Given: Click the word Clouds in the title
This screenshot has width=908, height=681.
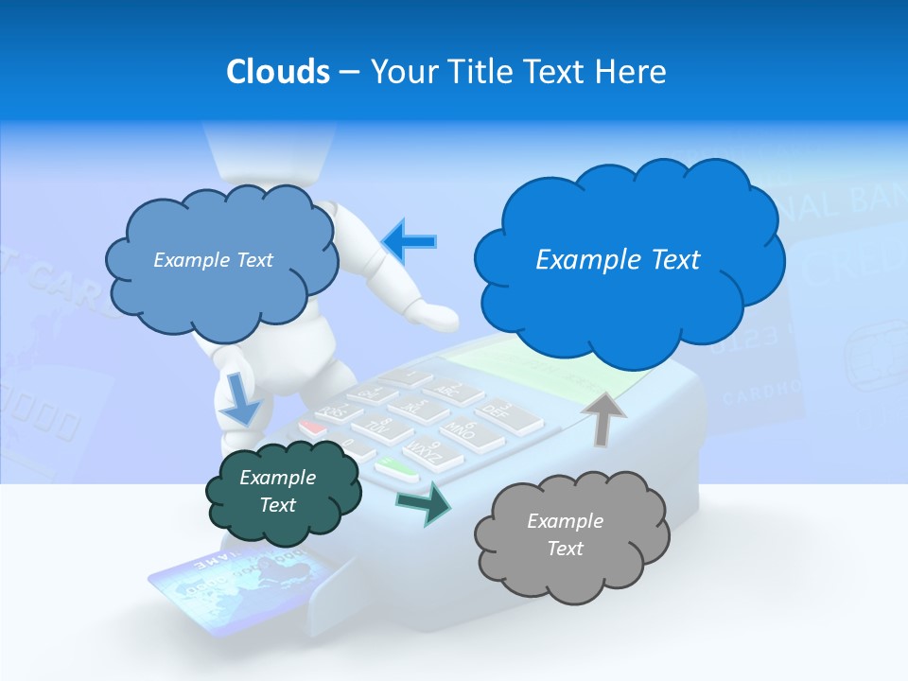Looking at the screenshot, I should [277, 71].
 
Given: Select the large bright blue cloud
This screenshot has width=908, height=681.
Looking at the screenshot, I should [629, 260].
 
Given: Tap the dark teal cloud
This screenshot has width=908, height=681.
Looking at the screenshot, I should [283, 491].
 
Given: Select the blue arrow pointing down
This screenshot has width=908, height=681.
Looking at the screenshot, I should [240, 399].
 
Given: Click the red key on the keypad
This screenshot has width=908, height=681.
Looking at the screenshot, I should [313, 428].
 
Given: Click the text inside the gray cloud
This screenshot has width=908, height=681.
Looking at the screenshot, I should [565, 534].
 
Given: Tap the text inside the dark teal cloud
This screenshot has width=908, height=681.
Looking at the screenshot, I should [277, 491].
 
